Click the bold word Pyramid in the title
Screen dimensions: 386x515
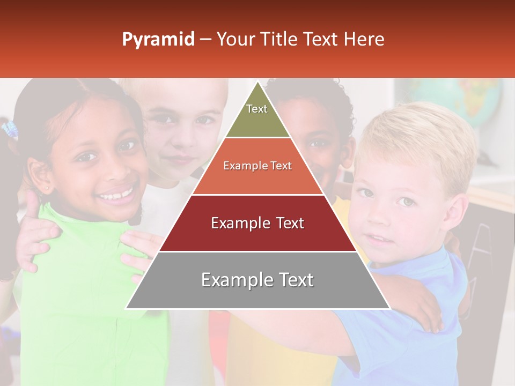[x=158, y=40]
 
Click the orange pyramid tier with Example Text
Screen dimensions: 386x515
[x=257, y=166]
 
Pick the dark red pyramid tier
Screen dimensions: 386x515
[x=257, y=224]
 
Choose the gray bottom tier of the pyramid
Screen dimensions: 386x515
[x=257, y=280]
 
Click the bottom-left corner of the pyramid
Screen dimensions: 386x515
[x=127, y=308]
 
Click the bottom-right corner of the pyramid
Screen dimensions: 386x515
[x=389, y=308]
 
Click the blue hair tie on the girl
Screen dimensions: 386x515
[x=9, y=129]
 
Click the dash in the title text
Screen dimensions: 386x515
[x=205, y=40]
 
